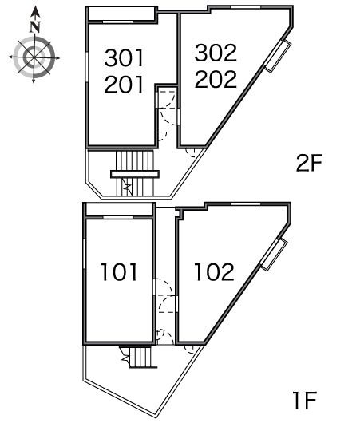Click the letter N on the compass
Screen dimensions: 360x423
[x=35, y=26]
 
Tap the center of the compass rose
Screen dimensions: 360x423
[x=34, y=57]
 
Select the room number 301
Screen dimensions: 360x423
[x=125, y=57]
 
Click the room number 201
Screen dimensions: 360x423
[x=125, y=84]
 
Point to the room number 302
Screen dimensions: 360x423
[x=216, y=53]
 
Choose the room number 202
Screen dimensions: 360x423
[x=216, y=79]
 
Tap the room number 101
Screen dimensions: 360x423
[x=119, y=272]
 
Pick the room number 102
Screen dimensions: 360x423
[x=214, y=272]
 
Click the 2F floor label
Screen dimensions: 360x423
[x=309, y=163]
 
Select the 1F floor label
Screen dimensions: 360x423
[x=304, y=401]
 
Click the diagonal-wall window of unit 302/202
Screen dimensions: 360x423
[x=278, y=56]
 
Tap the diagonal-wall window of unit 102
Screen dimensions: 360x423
[x=273, y=255]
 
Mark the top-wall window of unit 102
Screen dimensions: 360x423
[x=246, y=204]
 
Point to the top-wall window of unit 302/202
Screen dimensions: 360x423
[x=246, y=7]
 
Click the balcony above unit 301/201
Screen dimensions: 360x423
[x=122, y=14]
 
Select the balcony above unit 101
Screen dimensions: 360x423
[x=119, y=209]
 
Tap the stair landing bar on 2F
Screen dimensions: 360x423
[x=135, y=174]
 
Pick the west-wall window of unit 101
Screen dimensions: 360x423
[x=84, y=254]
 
